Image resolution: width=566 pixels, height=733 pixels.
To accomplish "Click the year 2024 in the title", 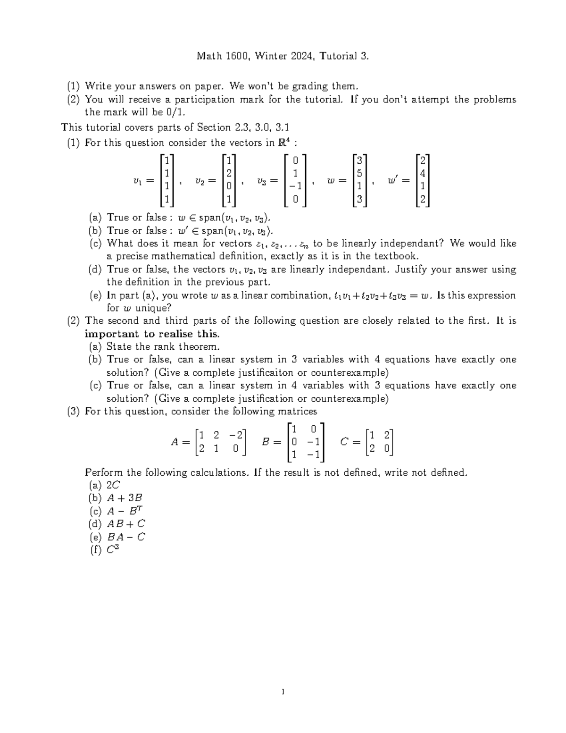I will (x=302, y=57).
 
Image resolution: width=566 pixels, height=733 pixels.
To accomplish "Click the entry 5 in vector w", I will (x=359, y=173).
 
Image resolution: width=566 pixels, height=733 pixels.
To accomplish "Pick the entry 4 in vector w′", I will (x=423, y=173).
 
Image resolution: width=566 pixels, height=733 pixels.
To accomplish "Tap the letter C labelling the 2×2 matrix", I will (x=344, y=442).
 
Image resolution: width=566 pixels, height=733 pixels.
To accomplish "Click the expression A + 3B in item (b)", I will (x=125, y=498).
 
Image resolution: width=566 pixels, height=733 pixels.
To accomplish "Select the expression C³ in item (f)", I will (x=112, y=549).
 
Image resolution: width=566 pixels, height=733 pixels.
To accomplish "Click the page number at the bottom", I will (x=283, y=692).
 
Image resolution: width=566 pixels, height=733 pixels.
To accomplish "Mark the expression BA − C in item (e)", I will (x=126, y=537).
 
